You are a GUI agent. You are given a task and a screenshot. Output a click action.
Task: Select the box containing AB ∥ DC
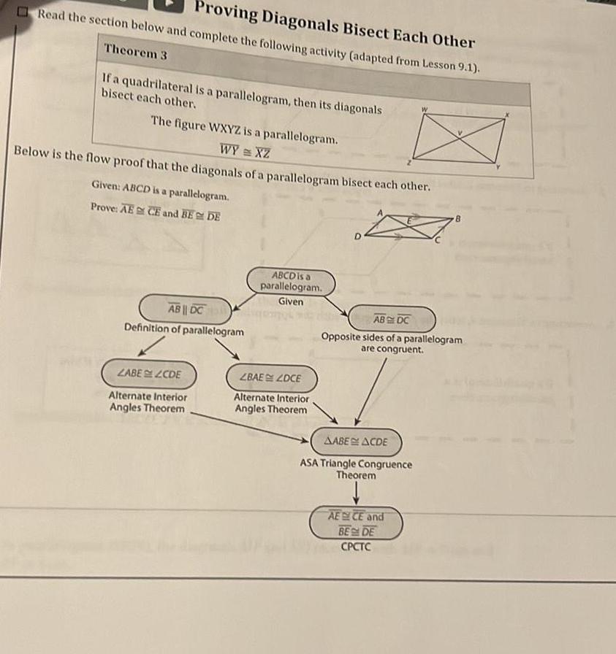[x=186, y=309]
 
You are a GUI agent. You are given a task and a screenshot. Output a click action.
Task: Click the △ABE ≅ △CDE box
[x=355, y=442]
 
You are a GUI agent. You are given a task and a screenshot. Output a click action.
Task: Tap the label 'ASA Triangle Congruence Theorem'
[x=357, y=469]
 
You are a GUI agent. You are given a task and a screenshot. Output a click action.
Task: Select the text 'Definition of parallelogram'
[x=184, y=330]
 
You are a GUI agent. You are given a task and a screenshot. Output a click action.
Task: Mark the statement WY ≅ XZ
[x=246, y=151]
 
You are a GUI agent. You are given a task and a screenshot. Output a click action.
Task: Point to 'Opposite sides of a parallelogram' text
[x=392, y=339]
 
